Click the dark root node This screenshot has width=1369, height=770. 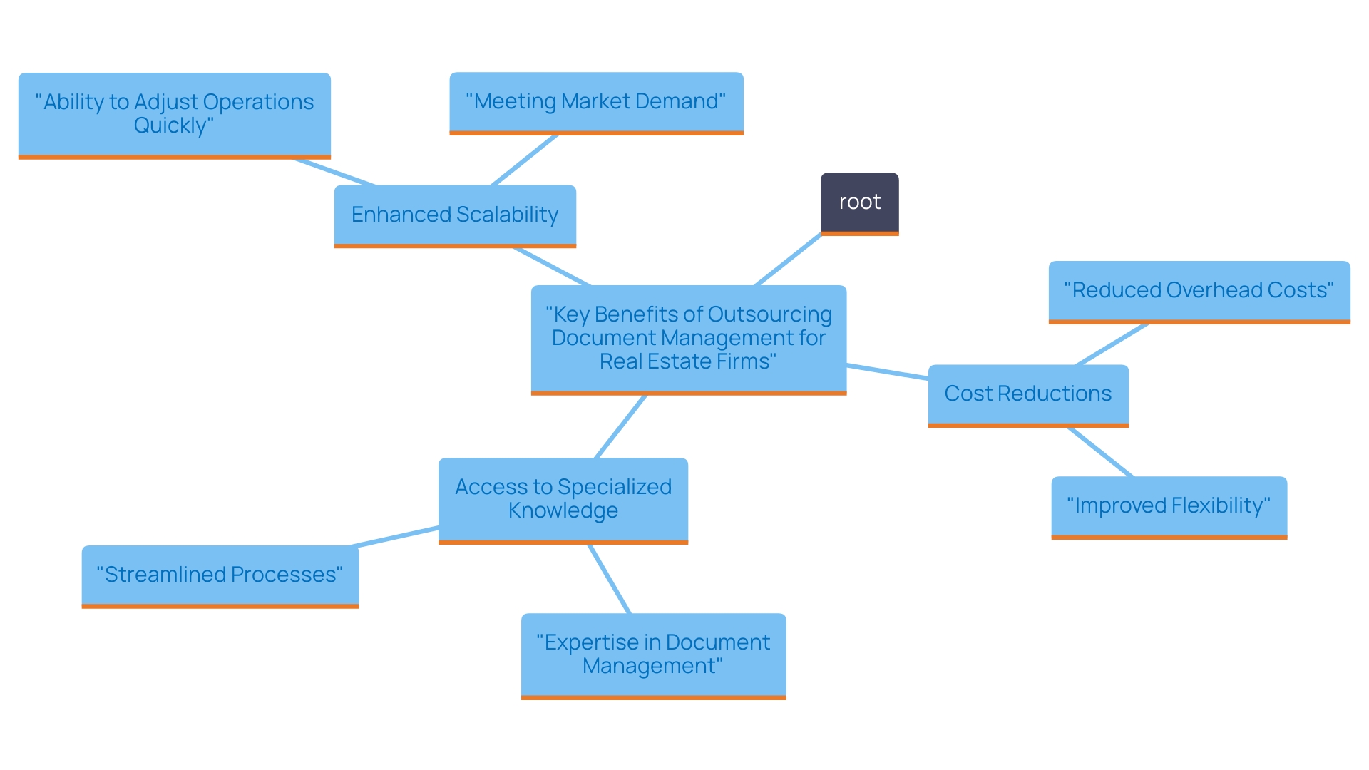coord(859,202)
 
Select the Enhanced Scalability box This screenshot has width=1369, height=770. coord(455,215)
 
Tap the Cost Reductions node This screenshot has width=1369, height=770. coord(1027,394)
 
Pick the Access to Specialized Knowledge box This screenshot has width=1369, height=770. coord(563,498)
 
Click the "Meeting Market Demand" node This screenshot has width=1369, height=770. coord(596,101)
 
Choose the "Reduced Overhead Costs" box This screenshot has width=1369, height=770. coord(1199,290)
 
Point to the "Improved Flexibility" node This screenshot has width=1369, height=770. coord(1169,505)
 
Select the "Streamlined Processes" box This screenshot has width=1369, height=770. coord(220,575)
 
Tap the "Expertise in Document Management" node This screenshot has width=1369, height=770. coord(653,654)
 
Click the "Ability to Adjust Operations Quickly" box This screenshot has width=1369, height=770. coord(174,113)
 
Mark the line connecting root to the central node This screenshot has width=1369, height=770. coord(788,260)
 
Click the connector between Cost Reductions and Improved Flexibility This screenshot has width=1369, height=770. coord(1099,452)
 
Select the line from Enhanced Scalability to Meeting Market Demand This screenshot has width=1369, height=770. coord(524,160)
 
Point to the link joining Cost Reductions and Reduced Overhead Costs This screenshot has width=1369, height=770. coord(1112,344)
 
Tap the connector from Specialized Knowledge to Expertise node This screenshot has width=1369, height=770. coord(609,578)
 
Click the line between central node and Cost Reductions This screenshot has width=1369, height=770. coord(887,371)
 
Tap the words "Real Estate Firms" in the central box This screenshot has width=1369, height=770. coord(687,361)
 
